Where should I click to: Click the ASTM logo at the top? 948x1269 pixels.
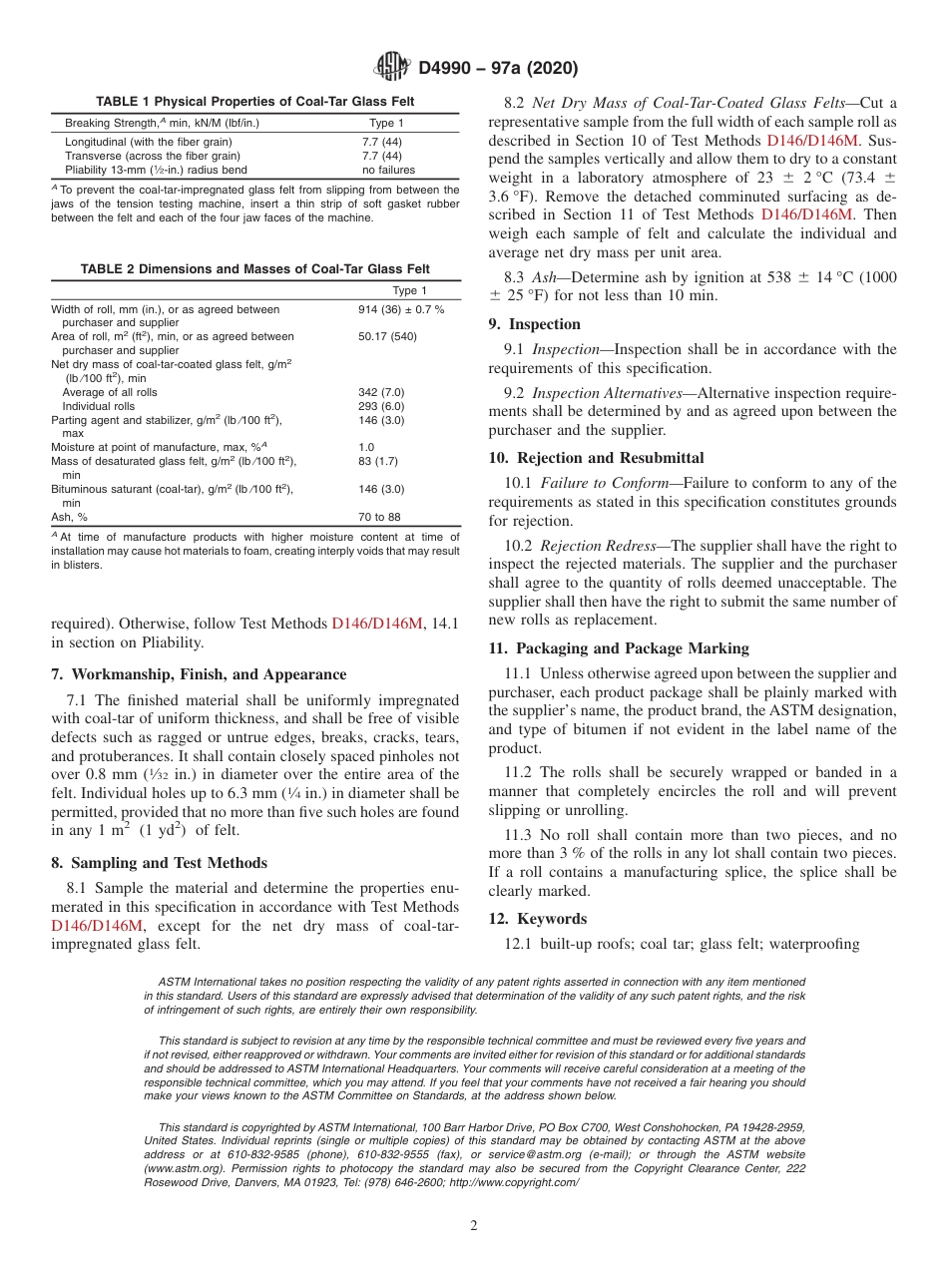[391, 67]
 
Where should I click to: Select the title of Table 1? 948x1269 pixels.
[254, 102]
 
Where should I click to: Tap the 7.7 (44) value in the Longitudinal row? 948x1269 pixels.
[381, 142]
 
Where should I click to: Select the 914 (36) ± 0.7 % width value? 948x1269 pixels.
[401, 309]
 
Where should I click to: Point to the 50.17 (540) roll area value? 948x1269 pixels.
[387, 337]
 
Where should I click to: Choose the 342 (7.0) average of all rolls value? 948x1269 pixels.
[381, 392]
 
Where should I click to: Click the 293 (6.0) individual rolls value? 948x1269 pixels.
[381, 406]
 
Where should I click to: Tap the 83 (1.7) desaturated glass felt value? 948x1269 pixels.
[378, 462]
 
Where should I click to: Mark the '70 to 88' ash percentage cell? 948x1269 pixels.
[379, 517]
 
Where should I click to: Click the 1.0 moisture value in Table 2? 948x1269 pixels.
[366, 448]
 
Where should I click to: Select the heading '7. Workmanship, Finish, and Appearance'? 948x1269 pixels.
[199, 674]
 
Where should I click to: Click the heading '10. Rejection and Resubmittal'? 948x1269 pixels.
[596, 458]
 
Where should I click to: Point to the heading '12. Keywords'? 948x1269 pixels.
[538, 919]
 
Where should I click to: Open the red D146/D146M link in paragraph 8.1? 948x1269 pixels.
[97, 925]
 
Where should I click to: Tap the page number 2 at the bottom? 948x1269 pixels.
[474, 1226]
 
